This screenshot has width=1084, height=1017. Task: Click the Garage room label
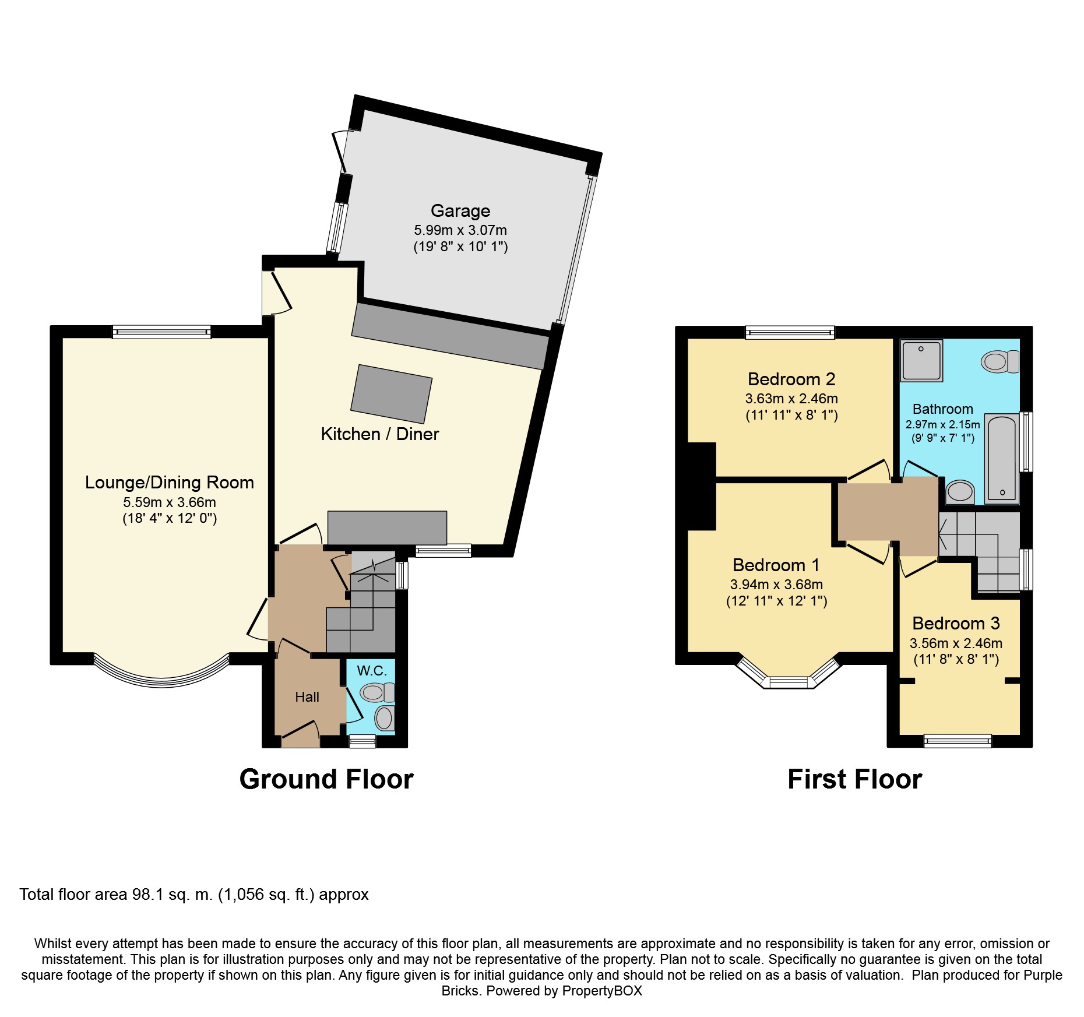(x=460, y=211)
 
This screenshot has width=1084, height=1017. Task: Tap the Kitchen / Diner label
(x=380, y=434)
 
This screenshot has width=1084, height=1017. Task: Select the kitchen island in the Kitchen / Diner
(x=392, y=394)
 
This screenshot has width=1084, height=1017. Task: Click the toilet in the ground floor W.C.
(x=377, y=692)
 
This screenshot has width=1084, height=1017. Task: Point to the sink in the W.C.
(x=384, y=718)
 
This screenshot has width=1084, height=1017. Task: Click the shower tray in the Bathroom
(x=921, y=361)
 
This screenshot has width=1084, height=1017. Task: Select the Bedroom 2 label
(x=791, y=379)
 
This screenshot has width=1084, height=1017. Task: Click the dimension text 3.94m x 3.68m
(x=776, y=585)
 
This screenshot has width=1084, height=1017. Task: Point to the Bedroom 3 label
(x=956, y=624)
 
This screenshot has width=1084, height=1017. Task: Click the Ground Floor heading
(x=326, y=779)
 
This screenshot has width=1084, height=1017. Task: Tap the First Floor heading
(x=854, y=779)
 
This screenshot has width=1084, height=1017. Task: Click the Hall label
(x=307, y=697)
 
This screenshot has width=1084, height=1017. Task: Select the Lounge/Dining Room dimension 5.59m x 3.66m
(x=170, y=502)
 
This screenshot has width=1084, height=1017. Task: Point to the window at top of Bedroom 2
(x=790, y=333)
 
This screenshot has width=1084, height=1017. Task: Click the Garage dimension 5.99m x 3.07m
(x=460, y=230)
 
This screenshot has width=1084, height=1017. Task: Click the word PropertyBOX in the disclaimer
(x=602, y=991)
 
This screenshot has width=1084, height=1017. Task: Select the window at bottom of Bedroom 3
(x=958, y=741)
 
